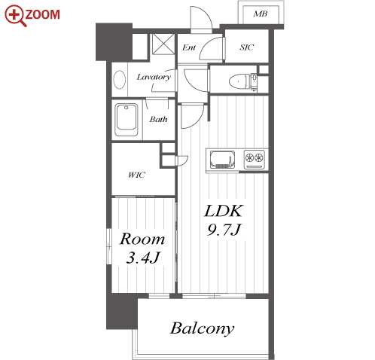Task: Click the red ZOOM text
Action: coord(42,14)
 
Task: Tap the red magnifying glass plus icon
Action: coord(15,15)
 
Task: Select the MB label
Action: coord(261,14)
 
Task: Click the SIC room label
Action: coord(246,47)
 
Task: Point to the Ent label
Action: coord(189,47)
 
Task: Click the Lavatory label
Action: coord(154,77)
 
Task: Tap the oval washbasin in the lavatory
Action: coord(120,80)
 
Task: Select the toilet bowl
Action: coord(239,81)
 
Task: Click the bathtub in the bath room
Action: coord(127,120)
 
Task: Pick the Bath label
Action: coord(158,119)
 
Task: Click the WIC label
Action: coord(136,175)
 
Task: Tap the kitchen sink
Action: coord(222,160)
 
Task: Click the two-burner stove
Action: coord(255,160)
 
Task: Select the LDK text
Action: coord(224,211)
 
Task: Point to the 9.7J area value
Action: coord(224,230)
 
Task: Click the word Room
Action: coord(142,239)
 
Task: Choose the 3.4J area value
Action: coord(143,258)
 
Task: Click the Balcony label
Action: coord(202,328)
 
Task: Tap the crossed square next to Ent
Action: coord(163,44)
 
